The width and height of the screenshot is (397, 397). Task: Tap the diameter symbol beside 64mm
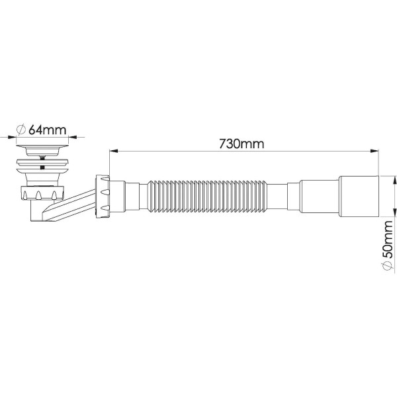(21, 128)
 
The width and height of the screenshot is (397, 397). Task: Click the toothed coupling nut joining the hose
(104, 197)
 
